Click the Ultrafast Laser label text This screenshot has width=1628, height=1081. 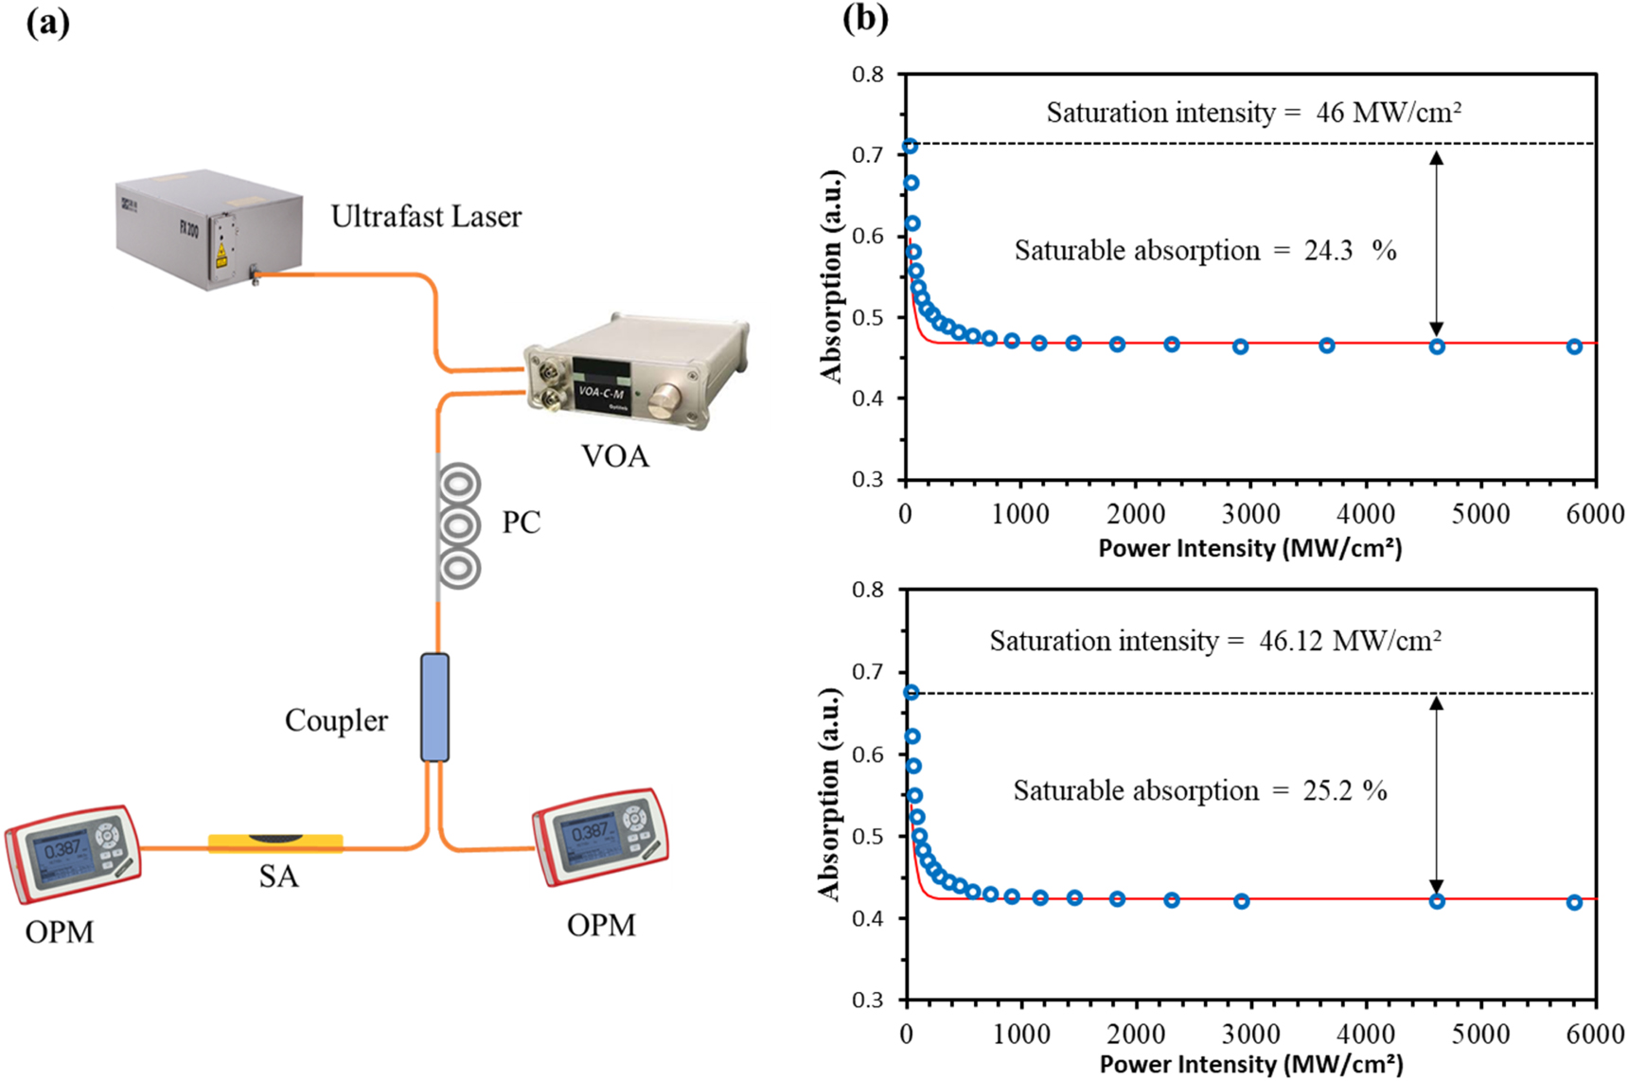(x=426, y=217)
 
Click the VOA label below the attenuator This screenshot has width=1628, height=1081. (x=615, y=456)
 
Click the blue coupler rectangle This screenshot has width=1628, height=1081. (x=434, y=707)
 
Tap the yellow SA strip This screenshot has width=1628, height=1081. (x=275, y=842)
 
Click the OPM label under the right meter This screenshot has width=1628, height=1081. (x=601, y=925)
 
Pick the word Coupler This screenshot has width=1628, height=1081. (x=336, y=720)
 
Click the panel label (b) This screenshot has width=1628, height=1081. (x=864, y=19)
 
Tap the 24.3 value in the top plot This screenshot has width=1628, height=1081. (x=1328, y=251)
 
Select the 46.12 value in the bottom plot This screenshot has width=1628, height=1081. (x=1291, y=641)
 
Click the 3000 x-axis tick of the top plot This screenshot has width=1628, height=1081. (x=1250, y=514)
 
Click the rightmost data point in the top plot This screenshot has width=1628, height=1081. (x=1574, y=346)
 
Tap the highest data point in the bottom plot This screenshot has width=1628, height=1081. (x=911, y=693)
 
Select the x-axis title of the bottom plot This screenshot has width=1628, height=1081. (x=1250, y=1064)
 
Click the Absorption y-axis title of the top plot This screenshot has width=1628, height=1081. (x=832, y=276)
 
